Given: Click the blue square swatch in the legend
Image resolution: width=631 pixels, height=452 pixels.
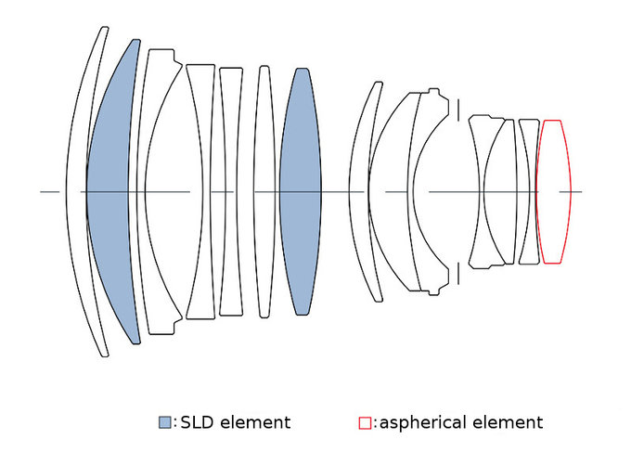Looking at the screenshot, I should pos(165,423).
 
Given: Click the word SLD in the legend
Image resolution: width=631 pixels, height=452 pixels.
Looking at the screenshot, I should pos(198,423).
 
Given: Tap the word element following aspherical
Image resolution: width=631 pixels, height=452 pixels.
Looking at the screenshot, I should pos(508,423).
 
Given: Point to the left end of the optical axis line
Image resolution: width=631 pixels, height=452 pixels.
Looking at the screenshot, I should pos(43,192).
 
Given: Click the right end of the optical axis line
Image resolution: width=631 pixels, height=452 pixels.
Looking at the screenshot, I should pos(581,192).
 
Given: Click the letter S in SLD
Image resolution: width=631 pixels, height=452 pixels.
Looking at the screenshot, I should pos(185,423).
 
